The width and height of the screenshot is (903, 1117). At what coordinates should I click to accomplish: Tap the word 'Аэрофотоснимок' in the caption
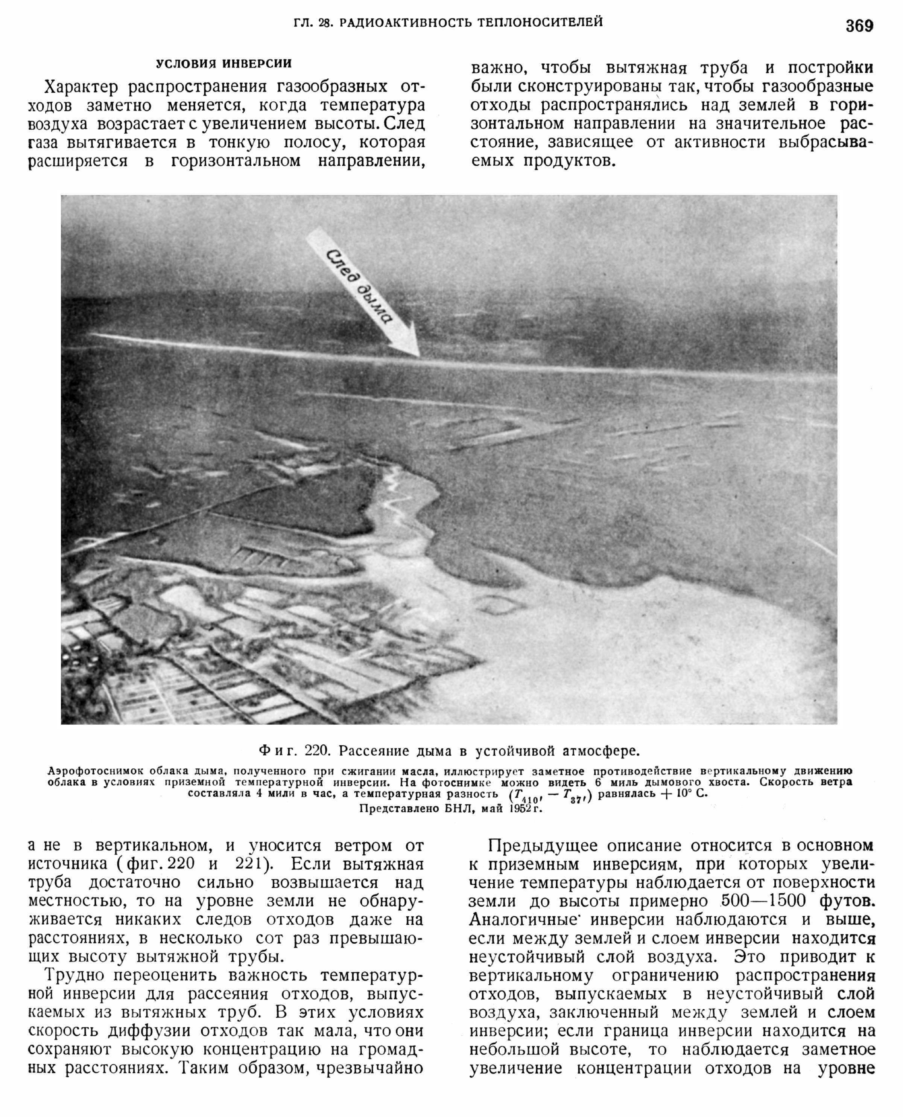pyautogui.click(x=94, y=771)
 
